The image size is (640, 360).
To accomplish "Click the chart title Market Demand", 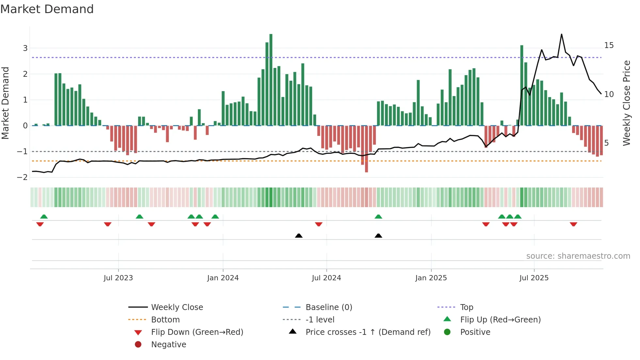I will coord(47,9).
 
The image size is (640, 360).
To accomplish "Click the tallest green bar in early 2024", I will coord(271,78).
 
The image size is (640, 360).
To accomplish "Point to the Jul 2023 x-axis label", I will coord(118,278).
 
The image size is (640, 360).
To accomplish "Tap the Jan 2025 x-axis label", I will coord(431,278).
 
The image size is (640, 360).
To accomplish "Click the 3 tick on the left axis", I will coord(25,48).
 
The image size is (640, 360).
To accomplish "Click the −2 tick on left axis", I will coord(23,177).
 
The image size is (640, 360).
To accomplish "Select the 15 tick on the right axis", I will coord(609,45).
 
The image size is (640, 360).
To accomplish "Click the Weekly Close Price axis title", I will coord(626,103).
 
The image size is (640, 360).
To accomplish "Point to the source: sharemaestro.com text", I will coord(578,256).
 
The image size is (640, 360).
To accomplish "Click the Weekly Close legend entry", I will coord(177,307).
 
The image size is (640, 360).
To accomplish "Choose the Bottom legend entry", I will coord(165,320).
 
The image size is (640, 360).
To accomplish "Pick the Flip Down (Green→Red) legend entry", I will coord(197,332).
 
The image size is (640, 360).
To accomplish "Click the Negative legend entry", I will coord(168,345).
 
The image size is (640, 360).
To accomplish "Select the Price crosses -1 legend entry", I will coord(368,332).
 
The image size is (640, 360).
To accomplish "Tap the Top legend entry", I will coord(467,307).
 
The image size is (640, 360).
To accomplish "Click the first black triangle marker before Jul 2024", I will coord(298,236).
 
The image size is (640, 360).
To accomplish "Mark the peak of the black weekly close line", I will coord(562,34).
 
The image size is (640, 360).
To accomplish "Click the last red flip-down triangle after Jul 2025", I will coord(573,224).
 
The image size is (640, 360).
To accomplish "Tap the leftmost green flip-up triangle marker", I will coord(44,217).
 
